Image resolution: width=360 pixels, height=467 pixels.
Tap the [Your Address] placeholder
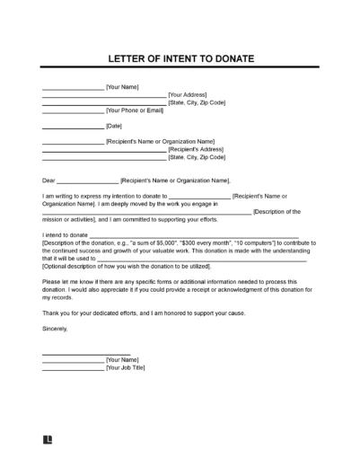tap(188, 95)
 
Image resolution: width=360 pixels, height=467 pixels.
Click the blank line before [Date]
tap(73, 126)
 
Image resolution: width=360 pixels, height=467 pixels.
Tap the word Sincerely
tap(55, 328)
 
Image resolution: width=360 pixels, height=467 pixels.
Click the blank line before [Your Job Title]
tap(73, 367)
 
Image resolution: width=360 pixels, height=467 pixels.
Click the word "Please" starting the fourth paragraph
tap(51, 281)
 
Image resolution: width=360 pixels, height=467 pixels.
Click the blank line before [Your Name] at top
tap(73, 87)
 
